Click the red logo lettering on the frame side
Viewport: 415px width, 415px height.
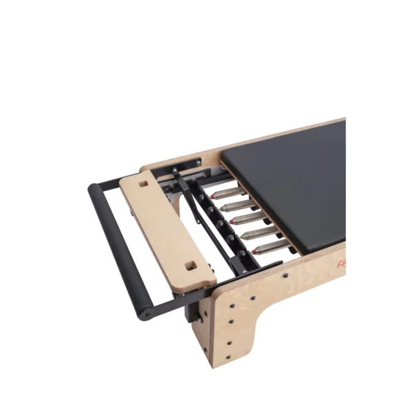(341, 264)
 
